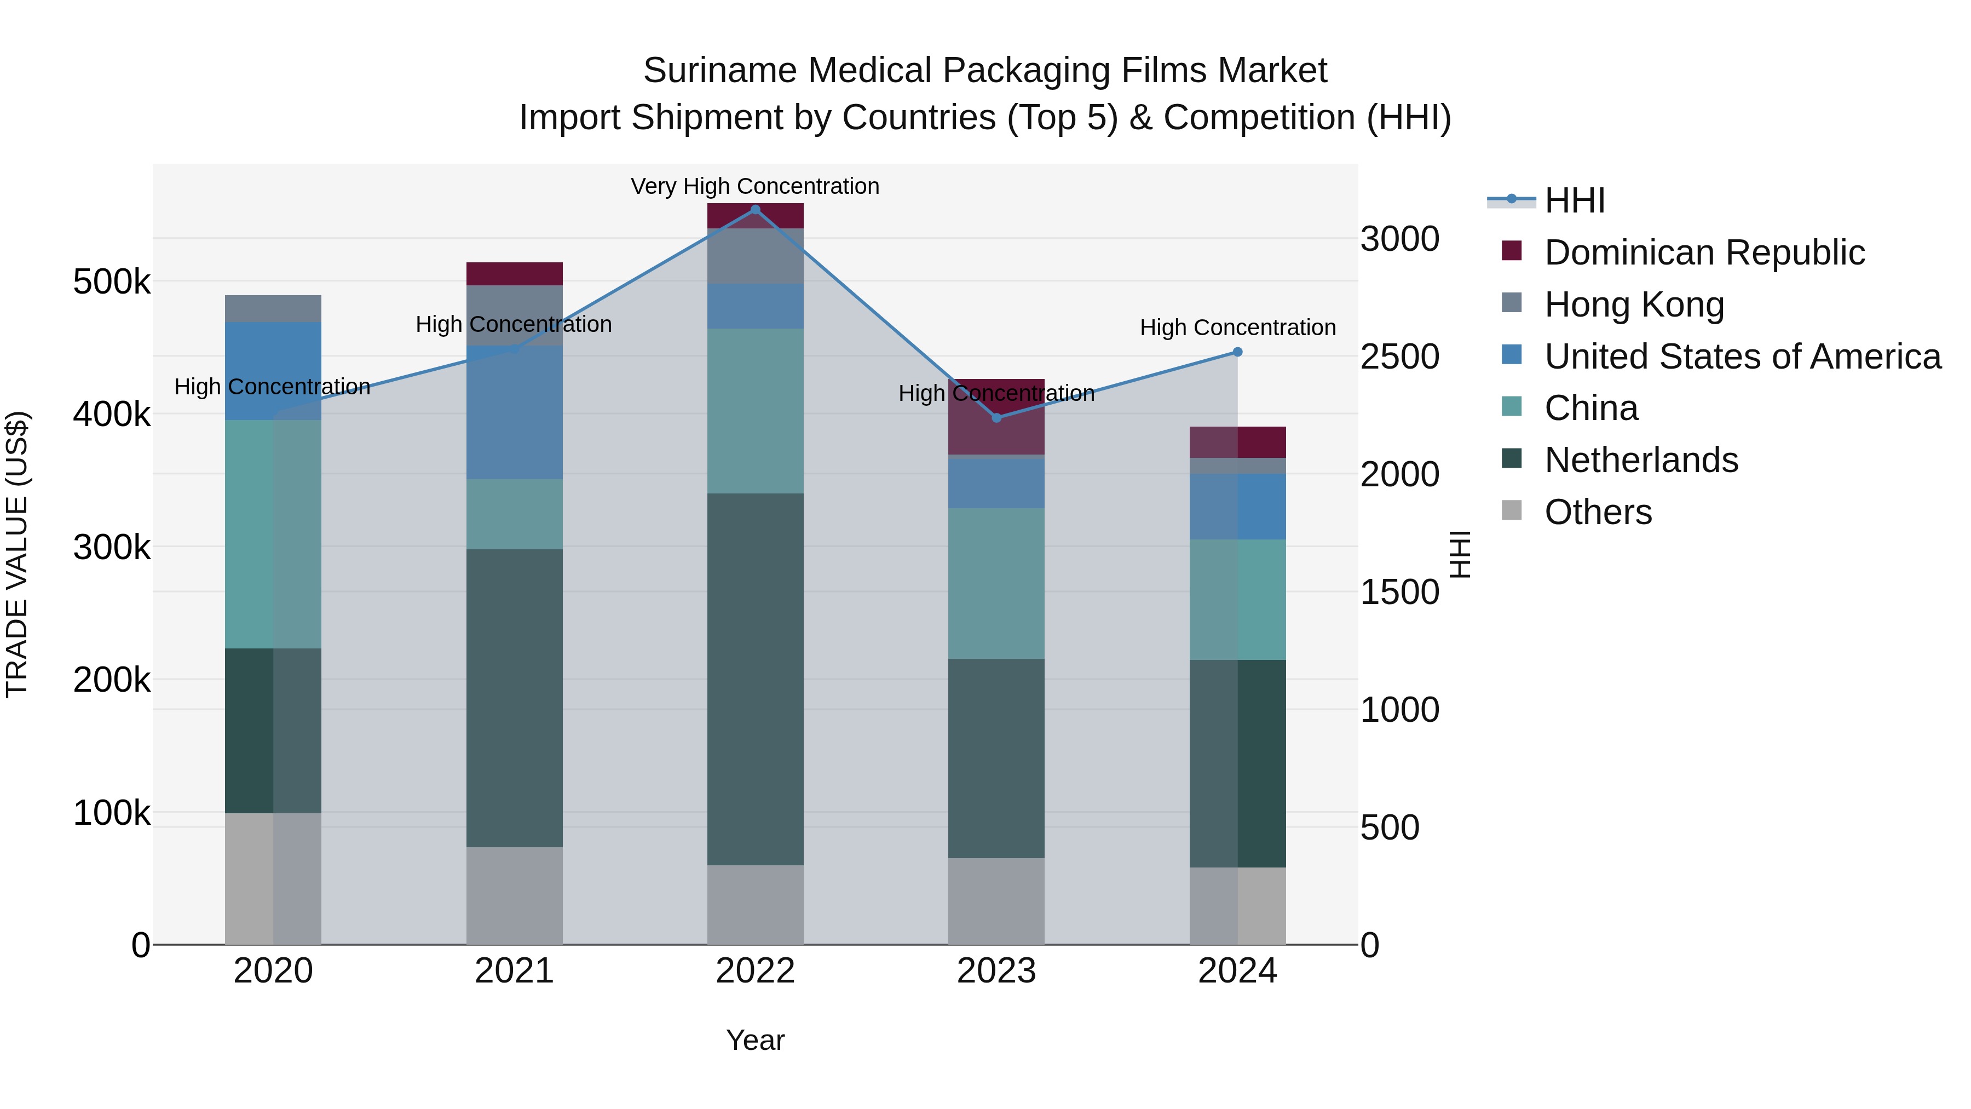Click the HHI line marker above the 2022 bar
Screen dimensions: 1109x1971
[x=755, y=210]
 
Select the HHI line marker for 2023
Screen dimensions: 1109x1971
[x=996, y=418]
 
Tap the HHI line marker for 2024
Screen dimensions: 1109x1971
[x=1237, y=352]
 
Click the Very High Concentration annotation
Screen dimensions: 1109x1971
[x=754, y=187]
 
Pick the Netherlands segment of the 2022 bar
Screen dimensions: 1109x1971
[x=755, y=679]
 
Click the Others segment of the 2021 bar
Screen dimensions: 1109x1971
[x=514, y=895]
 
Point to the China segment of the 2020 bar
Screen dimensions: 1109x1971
[x=273, y=533]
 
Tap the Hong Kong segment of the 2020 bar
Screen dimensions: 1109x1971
[x=273, y=308]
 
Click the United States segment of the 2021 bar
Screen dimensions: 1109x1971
[x=514, y=413]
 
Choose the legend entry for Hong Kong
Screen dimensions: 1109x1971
[x=1634, y=304]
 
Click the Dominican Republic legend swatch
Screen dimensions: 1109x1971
[x=1512, y=251]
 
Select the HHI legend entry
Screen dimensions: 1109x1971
[x=1574, y=200]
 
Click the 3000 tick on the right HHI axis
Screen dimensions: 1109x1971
[x=1399, y=239]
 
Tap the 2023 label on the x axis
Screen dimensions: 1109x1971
[x=996, y=971]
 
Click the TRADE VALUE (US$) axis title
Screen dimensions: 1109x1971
[x=17, y=554]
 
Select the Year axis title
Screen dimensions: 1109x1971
[x=755, y=1040]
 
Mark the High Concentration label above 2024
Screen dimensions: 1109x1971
[x=1237, y=327]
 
